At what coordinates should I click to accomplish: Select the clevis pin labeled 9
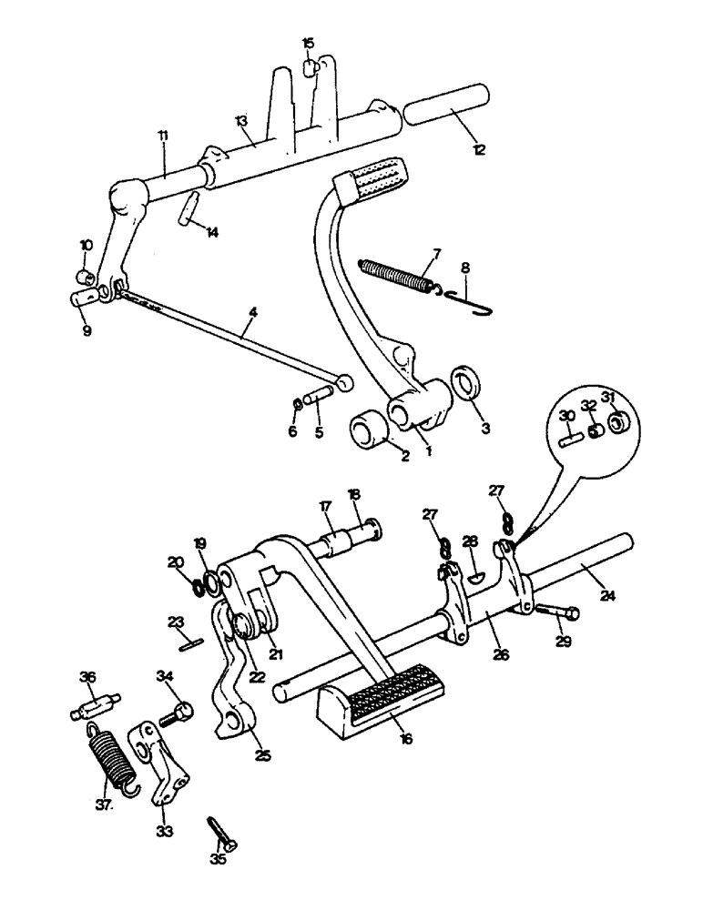[83, 298]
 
